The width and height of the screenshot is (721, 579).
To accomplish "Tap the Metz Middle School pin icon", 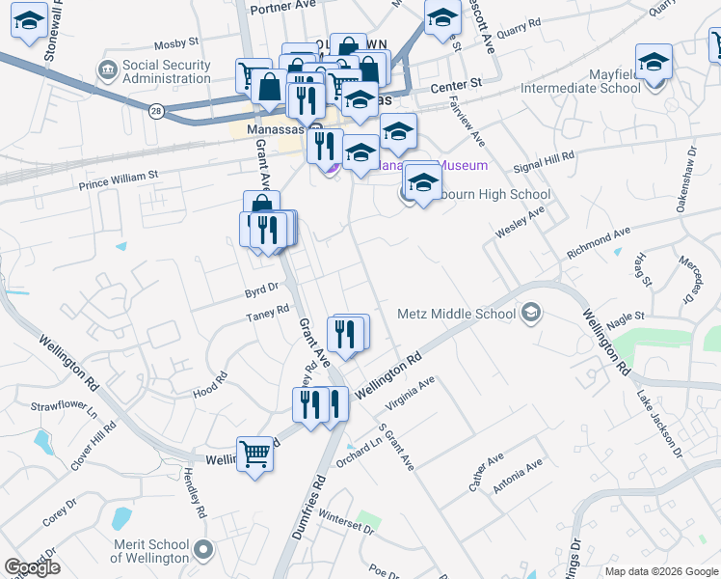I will (530, 314).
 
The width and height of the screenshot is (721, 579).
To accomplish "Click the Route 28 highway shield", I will (156, 112).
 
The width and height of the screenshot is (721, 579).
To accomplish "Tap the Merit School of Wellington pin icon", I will (203, 550).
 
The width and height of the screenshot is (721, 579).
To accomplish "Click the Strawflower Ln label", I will (65, 412).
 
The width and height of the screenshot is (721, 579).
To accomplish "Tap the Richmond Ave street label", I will (598, 242).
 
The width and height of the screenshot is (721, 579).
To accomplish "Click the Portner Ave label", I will (282, 7).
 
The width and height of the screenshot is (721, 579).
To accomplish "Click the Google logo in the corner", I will (32, 567).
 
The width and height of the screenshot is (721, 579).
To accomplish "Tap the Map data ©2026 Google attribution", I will (660, 571).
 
